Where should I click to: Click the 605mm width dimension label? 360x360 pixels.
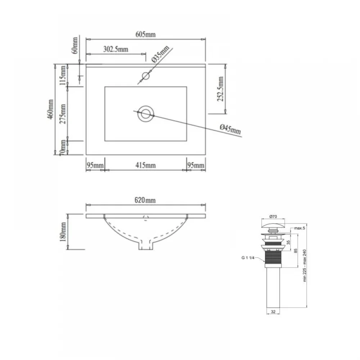point(145,35)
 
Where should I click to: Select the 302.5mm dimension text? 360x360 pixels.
point(116,49)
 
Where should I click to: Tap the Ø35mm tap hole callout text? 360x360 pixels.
point(161,54)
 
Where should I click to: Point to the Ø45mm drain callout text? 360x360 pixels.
point(230,129)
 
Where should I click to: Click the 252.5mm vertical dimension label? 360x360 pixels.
point(220,89)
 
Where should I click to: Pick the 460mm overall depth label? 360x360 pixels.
point(50,109)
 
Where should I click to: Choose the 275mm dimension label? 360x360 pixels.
point(63,114)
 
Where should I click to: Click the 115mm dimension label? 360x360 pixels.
point(63,75)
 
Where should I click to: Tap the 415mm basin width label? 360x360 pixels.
point(145,165)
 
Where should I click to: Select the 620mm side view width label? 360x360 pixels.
point(145,200)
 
